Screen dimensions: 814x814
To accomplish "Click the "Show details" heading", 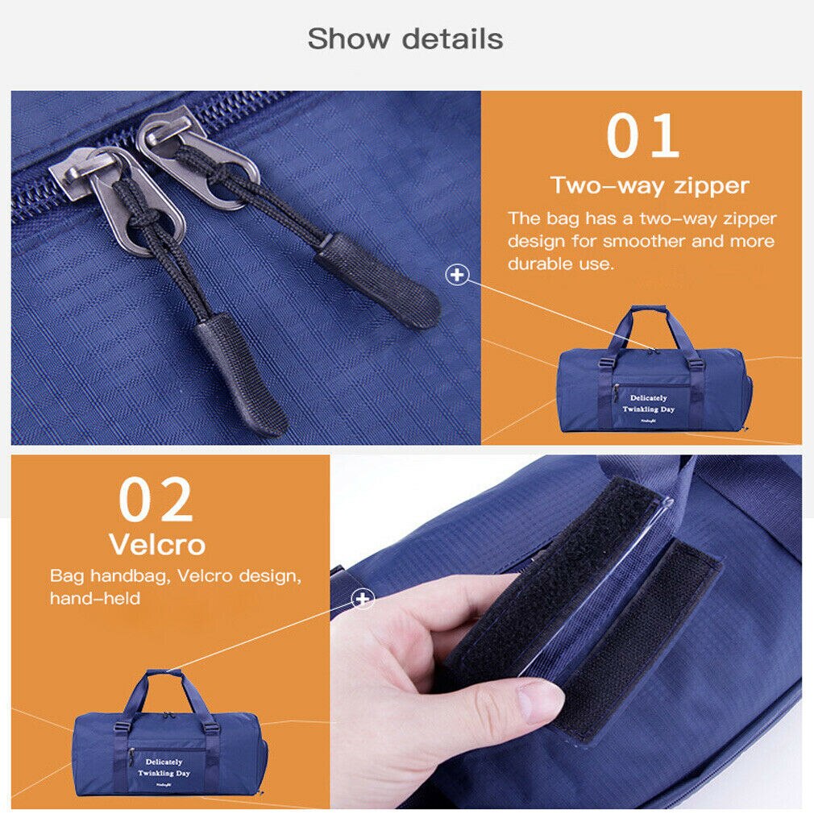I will [x=405, y=39].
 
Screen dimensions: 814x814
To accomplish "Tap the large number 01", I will [x=642, y=137].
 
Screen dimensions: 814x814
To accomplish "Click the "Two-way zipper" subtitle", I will [x=650, y=186].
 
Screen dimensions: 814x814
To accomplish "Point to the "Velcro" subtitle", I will [x=157, y=545].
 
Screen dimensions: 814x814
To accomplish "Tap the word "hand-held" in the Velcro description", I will [x=95, y=598].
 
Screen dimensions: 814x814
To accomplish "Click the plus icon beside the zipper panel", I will [x=457, y=275].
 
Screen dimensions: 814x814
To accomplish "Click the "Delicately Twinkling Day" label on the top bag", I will [x=649, y=404].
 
